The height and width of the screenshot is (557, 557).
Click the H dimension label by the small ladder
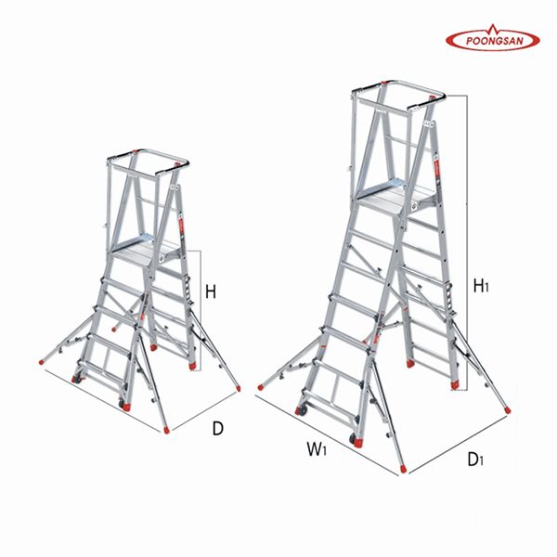211,292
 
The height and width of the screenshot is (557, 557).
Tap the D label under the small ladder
218,429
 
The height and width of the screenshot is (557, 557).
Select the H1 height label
481,286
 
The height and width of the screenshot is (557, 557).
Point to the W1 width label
317,449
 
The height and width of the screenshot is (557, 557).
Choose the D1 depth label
475,460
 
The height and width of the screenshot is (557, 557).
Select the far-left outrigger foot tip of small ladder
41,362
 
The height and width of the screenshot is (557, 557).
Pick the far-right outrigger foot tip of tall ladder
508,410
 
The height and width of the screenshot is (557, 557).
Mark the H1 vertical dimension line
466,242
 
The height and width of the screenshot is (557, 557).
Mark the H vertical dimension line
201,311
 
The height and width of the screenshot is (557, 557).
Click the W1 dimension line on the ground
326,436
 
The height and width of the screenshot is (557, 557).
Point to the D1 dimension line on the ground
458,444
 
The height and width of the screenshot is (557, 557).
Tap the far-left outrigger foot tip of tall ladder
260,387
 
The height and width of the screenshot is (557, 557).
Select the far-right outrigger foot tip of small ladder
239,389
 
